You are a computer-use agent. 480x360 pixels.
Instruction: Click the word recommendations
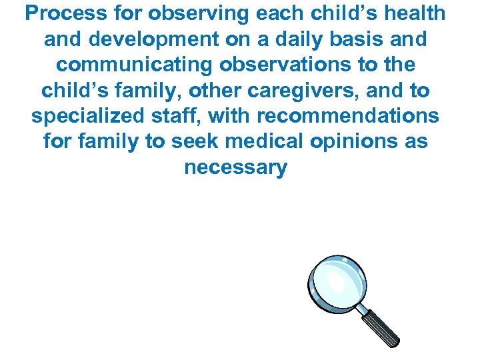click(x=348, y=116)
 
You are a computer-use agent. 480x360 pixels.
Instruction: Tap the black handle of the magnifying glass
click(x=381, y=327)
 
